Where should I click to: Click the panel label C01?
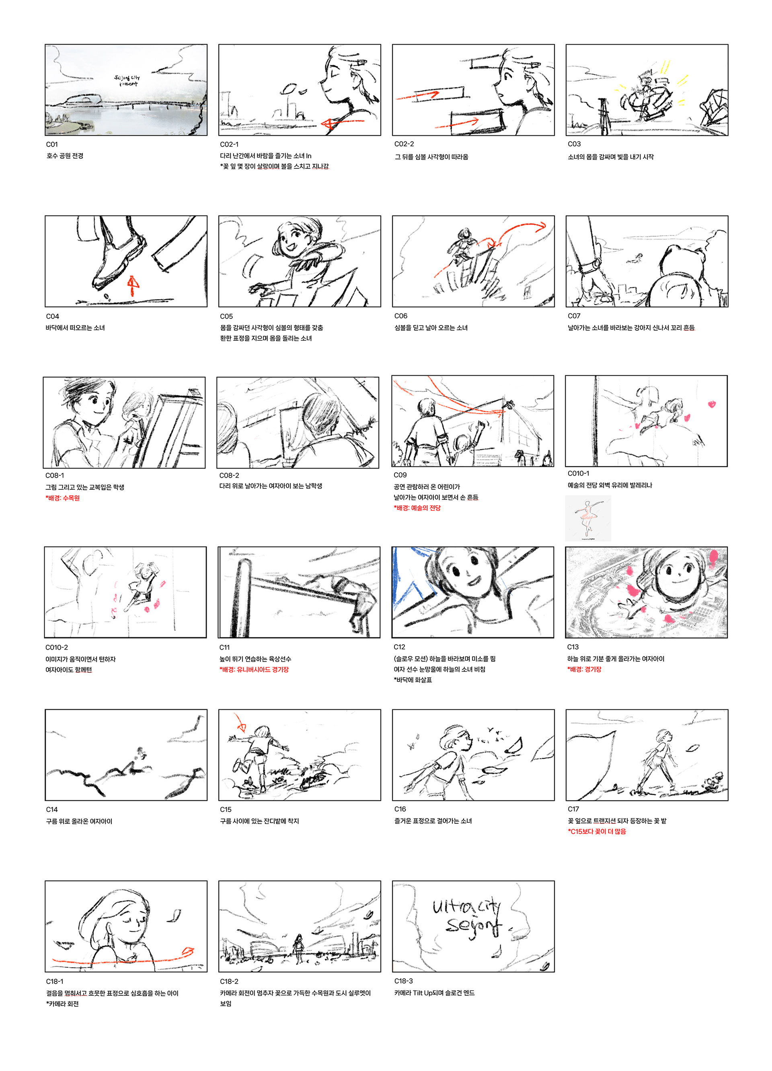pyautogui.click(x=52, y=144)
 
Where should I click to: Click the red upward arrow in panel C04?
pyautogui.click(x=133, y=285)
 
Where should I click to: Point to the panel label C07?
pyautogui.click(x=574, y=316)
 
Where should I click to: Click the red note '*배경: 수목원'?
pyautogui.click(x=62, y=498)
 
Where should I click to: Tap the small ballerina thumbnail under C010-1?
pyautogui.click(x=588, y=518)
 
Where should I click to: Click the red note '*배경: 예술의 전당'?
pyautogui.click(x=417, y=508)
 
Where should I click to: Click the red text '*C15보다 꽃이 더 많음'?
pyautogui.click(x=597, y=831)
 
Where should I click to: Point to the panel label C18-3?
pyautogui.click(x=403, y=981)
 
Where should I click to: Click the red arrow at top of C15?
pyautogui.click(x=240, y=722)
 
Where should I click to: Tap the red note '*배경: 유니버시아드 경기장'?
pyautogui.click(x=254, y=669)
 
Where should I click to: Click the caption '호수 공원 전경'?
pyautogui.click(x=65, y=156)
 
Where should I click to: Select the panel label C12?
pyautogui.click(x=399, y=647)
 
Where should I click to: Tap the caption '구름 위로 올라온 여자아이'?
pyautogui.click(x=79, y=821)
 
